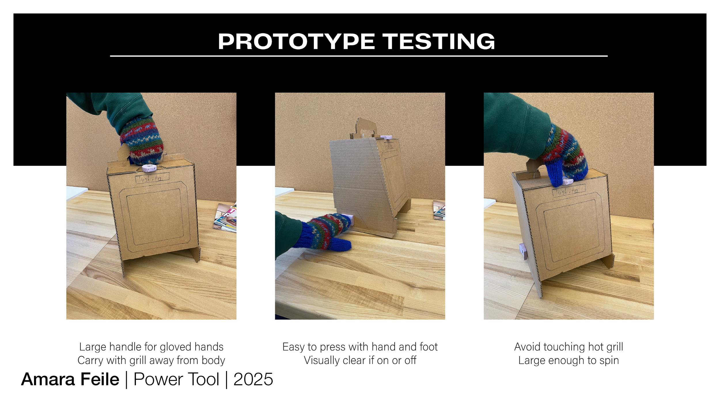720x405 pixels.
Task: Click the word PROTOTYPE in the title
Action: [x=296, y=41]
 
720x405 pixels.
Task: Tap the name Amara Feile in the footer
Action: [x=70, y=379]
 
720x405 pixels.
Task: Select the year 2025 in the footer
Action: [x=253, y=379]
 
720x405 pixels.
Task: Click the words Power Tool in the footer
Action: [x=176, y=379]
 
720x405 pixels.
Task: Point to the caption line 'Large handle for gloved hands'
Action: [x=151, y=347]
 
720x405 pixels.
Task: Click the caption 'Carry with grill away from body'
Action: [x=151, y=360]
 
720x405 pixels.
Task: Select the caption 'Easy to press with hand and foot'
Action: [x=360, y=347]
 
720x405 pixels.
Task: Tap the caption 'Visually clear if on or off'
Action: [x=360, y=360]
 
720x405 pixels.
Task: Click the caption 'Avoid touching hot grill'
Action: [x=569, y=347]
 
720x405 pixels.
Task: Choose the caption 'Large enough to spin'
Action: [x=569, y=360]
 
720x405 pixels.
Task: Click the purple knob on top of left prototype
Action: [x=149, y=168]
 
